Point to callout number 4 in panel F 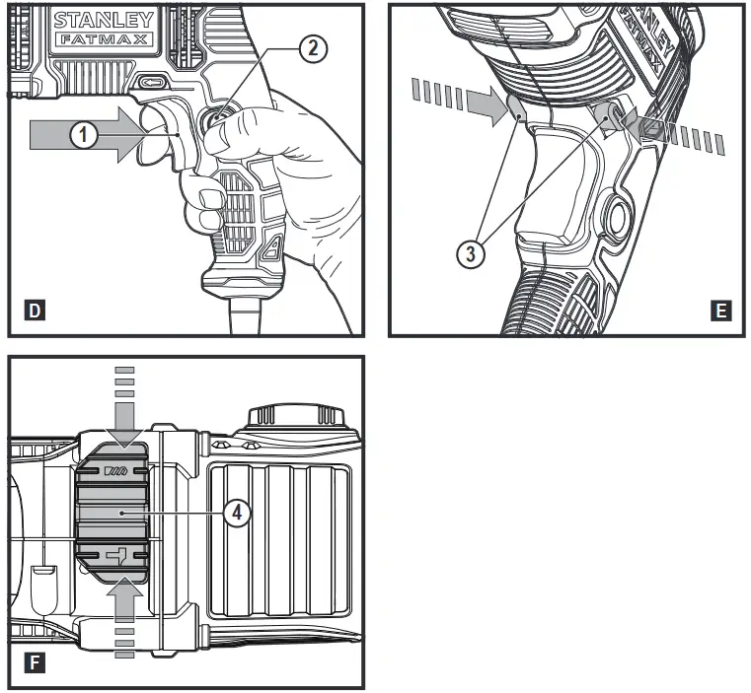[x=236, y=513]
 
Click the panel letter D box [x=35, y=312]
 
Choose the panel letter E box [x=721, y=312]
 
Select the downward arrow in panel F [x=123, y=419]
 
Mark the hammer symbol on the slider [x=118, y=557]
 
